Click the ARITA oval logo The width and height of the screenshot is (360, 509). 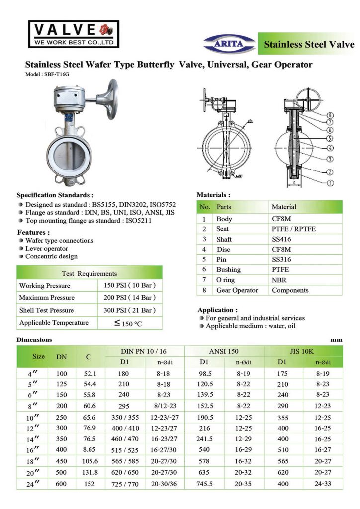click(x=230, y=44)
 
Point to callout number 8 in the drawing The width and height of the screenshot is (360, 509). click(x=331, y=116)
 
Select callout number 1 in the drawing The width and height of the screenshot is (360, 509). click(x=331, y=183)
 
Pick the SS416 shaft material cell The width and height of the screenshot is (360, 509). click(x=281, y=239)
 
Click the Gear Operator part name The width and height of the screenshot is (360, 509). click(x=237, y=290)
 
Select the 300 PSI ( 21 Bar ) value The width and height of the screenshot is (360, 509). click(x=130, y=310)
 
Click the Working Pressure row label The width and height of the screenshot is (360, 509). click(x=45, y=286)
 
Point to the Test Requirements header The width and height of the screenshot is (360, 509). click(x=90, y=273)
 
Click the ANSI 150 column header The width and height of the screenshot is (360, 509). click(x=224, y=351)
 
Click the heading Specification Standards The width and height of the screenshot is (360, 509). click(x=55, y=195)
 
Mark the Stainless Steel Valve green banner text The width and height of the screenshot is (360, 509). click(x=309, y=44)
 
